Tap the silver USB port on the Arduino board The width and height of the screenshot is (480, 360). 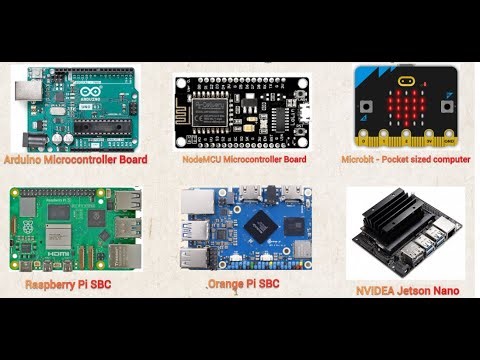coord(24,92)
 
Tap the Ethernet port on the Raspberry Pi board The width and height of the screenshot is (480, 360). coord(125,256)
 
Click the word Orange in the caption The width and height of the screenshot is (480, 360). coord(229,285)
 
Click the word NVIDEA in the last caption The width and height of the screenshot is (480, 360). coord(375,292)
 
